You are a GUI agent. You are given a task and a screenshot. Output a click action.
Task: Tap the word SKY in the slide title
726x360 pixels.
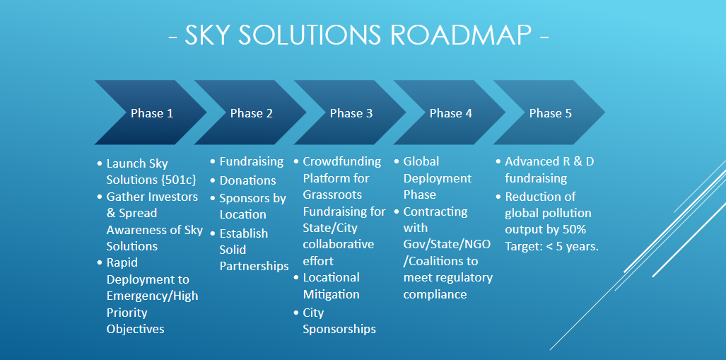[x=211, y=35]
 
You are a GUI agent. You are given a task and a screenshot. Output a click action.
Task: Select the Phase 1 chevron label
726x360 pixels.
[x=152, y=113]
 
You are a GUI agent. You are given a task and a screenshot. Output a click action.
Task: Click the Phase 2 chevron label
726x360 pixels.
[x=252, y=113]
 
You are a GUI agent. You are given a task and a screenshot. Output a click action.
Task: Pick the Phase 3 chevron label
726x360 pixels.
[x=351, y=113]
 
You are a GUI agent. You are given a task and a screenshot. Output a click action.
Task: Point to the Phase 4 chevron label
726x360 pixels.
[x=451, y=113]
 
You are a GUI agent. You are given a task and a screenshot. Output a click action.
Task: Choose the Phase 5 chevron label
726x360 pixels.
[x=551, y=113]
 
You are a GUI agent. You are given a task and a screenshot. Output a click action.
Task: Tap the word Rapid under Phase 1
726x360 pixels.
[x=122, y=263]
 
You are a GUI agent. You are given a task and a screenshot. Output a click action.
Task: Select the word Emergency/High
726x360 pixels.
[x=152, y=296]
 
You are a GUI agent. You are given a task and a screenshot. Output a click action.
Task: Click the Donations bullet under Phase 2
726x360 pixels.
[x=247, y=180]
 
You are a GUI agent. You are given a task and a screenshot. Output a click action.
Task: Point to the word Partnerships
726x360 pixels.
[x=254, y=267]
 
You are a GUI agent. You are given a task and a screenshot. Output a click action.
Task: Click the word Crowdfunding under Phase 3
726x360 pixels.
[x=342, y=162]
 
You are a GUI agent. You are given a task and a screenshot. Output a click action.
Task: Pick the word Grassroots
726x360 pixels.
[x=332, y=194]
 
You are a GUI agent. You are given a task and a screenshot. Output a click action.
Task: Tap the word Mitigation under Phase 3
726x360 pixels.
[x=331, y=295]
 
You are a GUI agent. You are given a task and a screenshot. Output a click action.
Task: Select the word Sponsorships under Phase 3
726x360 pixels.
[x=339, y=330]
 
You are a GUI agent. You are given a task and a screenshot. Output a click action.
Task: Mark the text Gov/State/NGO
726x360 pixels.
[x=447, y=245]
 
